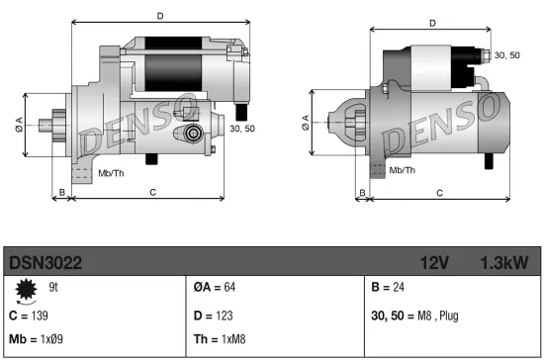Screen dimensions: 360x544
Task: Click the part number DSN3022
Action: [45, 262]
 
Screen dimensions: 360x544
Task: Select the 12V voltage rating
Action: [435, 262]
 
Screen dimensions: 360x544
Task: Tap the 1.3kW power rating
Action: [503, 262]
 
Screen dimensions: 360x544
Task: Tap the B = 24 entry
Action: [389, 289]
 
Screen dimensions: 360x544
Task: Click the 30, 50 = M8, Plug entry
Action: [416, 315]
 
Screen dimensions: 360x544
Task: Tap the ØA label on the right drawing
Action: [305, 120]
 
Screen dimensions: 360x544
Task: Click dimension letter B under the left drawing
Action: [61, 191]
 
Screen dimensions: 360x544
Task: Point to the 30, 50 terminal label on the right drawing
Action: [505, 55]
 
